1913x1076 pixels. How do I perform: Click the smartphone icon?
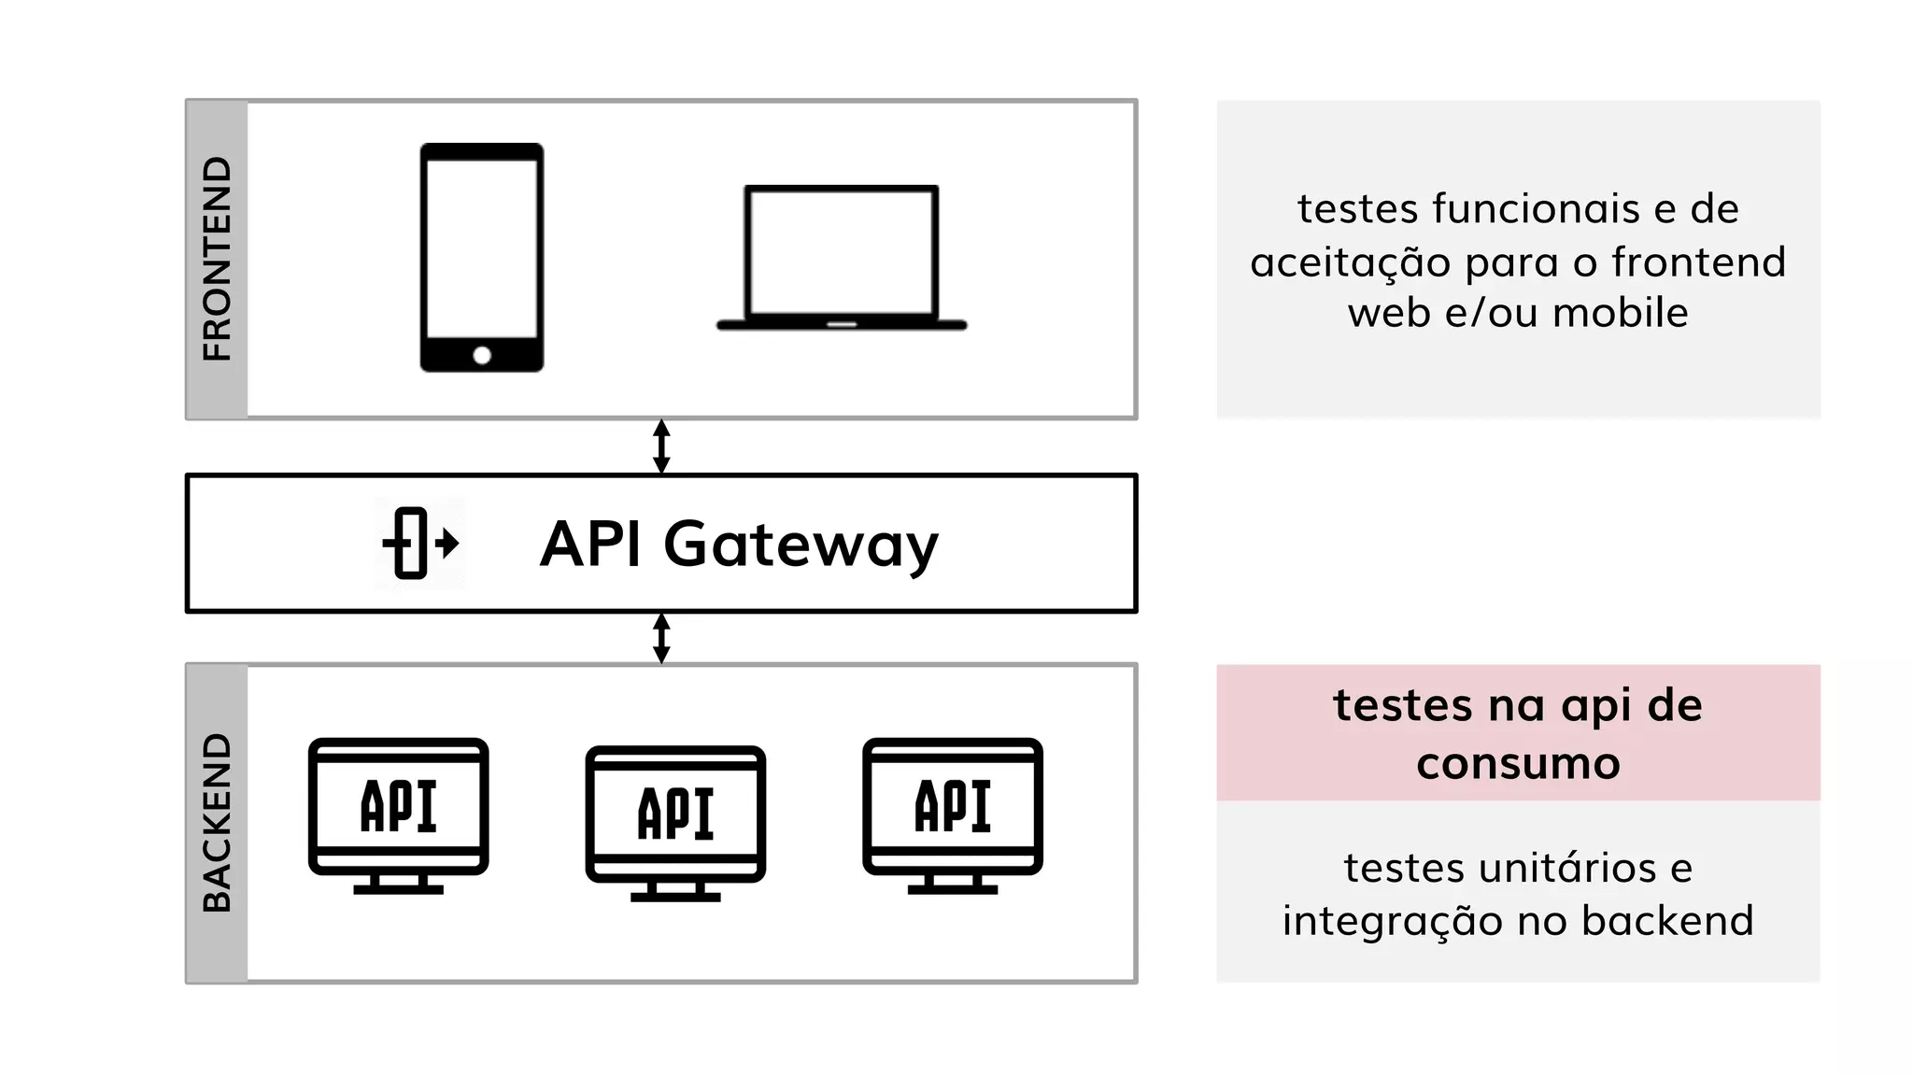click(x=481, y=257)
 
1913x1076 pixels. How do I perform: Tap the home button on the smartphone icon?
click(x=482, y=355)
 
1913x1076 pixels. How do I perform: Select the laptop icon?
click(x=842, y=258)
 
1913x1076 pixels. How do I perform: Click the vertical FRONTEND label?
click(x=217, y=259)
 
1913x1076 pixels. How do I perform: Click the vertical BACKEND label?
click(x=217, y=822)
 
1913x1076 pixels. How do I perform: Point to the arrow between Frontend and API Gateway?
click(x=661, y=446)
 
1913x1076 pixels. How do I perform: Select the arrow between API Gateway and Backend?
click(x=661, y=638)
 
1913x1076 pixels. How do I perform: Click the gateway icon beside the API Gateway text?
click(x=419, y=543)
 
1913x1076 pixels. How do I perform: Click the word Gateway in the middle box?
click(x=801, y=545)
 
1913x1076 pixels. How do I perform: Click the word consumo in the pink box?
click(x=1518, y=764)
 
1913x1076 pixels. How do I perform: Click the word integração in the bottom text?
click(x=1393, y=921)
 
